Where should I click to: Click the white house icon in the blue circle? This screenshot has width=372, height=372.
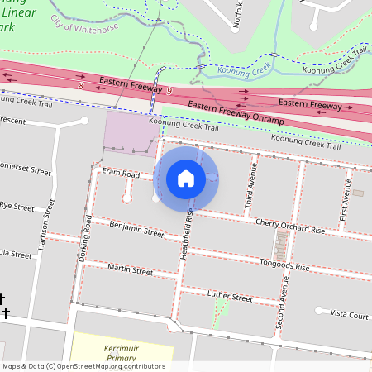(186, 178)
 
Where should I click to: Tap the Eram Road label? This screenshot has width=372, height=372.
(121, 174)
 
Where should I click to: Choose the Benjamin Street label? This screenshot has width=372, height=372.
(136, 228)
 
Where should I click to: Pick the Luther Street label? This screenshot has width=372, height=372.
(229, 297)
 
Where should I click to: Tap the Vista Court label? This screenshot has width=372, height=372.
(349, 315)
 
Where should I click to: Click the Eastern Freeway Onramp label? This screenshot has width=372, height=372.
(236, 113)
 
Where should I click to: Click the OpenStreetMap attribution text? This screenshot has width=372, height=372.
(83, 366)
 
